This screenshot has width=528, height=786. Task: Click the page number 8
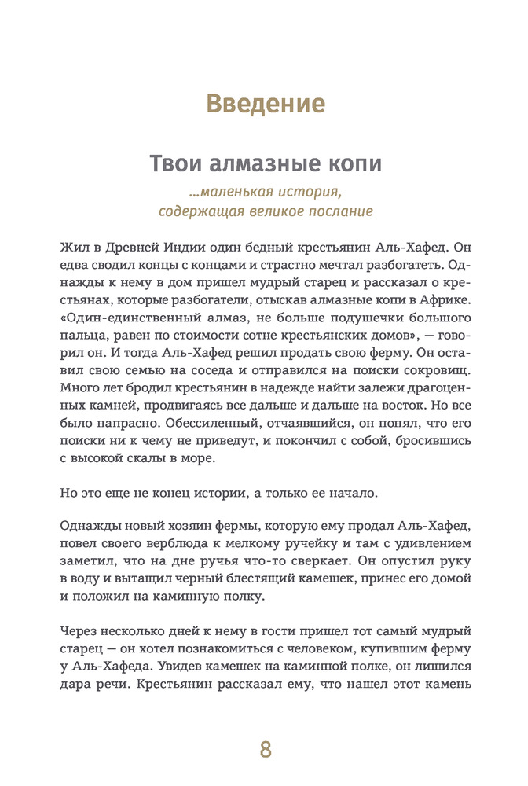265,749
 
